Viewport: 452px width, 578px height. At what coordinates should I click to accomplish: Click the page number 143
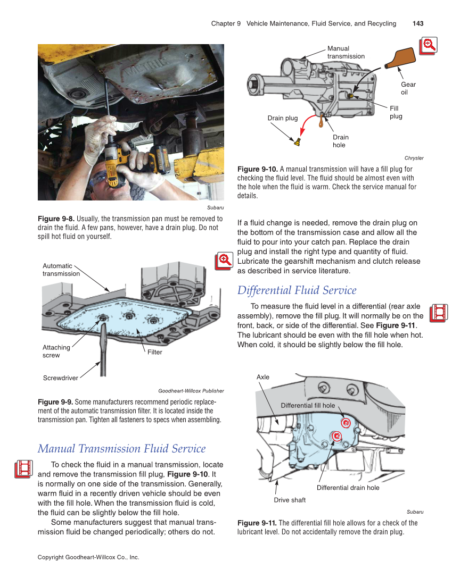pos(417,23)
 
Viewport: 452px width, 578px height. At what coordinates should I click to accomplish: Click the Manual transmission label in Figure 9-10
pos(346,52)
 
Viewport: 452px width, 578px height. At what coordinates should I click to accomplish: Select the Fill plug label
pos(396,112)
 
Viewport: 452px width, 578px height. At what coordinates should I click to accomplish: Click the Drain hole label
pos(340,141)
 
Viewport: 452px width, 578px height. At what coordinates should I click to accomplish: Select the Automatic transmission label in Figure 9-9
pos(61,270)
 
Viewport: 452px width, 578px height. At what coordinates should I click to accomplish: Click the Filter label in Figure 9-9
pos(154,352)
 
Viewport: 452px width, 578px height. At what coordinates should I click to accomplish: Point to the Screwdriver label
pos(60,378)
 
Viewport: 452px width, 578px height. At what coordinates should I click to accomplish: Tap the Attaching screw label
pos(56,351)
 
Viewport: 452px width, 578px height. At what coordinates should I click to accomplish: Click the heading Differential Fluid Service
pos(297,290)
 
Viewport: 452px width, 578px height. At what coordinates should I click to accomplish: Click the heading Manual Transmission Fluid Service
pos(121,448)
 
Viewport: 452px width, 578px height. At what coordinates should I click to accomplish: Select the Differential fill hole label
pos(308,405)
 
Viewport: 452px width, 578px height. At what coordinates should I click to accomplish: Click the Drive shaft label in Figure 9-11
pos(290,500)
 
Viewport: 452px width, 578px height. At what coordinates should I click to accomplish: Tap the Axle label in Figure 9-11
pos(263,377)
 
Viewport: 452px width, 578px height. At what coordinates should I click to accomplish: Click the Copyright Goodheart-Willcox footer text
pos(88,557)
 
